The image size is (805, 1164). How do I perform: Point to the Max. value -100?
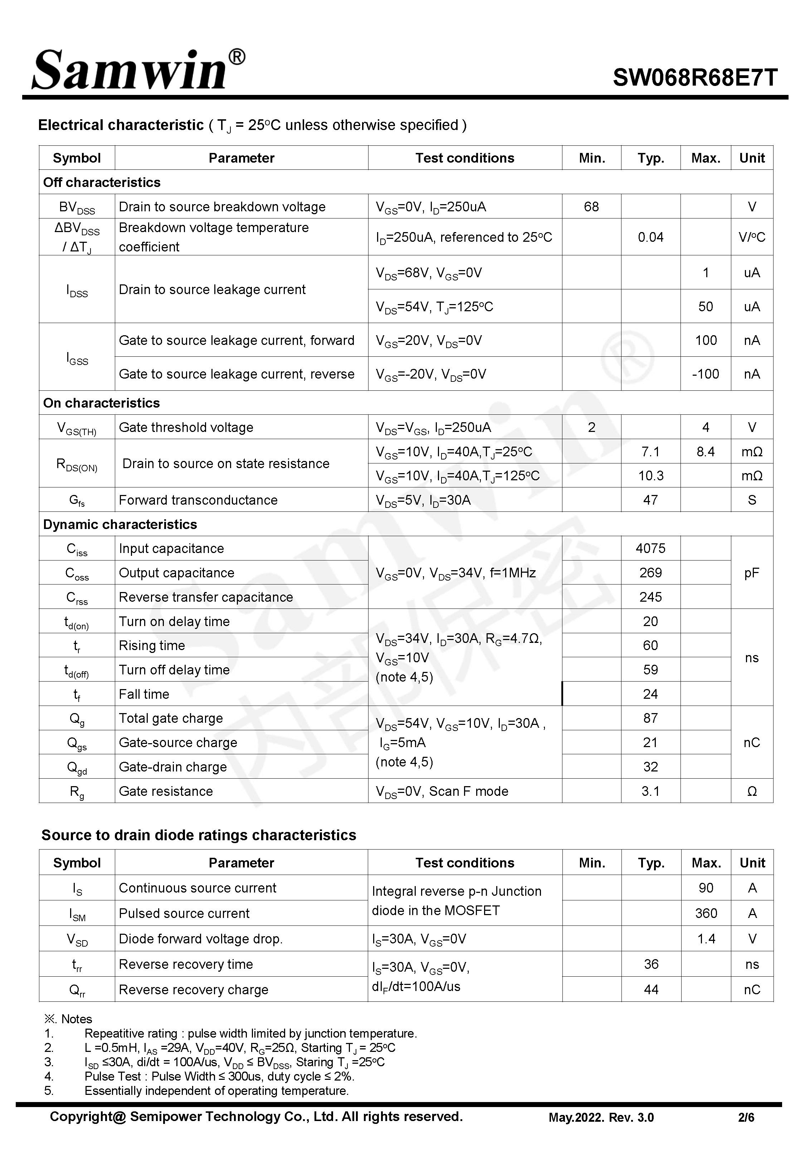click(705, 374)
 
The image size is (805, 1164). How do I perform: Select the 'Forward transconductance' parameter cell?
click(198, 500)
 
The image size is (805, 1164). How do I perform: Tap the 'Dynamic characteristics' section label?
click(120, 524)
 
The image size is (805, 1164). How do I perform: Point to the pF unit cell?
click(752, 572)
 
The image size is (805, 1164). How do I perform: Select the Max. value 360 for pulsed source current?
click(706, 913)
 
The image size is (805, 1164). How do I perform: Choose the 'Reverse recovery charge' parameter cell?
click(194, 989)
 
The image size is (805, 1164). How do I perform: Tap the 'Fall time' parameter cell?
click(144, 694)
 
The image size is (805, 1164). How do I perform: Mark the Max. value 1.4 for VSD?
click(706, 938)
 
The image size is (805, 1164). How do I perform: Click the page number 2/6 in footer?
click(746, 1117)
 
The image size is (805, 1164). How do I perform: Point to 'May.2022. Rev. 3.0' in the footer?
click(601, 1117)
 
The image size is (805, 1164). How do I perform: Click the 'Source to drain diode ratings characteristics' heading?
click(199, 835)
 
